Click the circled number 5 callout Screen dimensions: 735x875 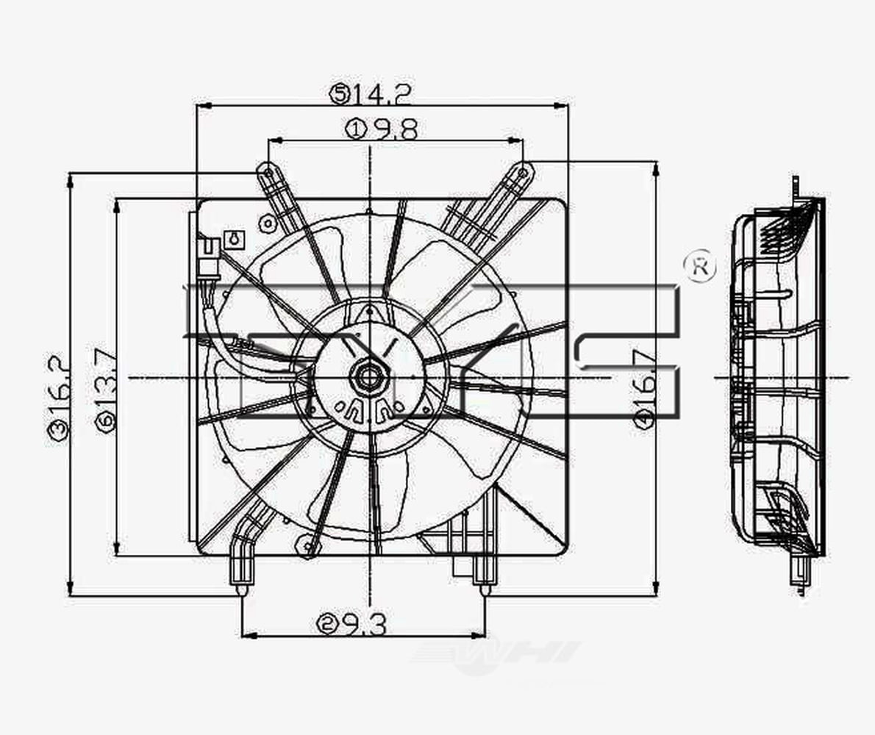(x=340, y=93)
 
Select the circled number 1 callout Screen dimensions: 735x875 (x=355, y=130)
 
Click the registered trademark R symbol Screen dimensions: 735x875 (x=699, y=268)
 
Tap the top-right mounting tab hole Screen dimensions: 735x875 (x=522, y=173)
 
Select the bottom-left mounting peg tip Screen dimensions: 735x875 (x=242, y=589)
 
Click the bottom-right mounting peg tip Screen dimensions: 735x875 (x=484, y=589)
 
